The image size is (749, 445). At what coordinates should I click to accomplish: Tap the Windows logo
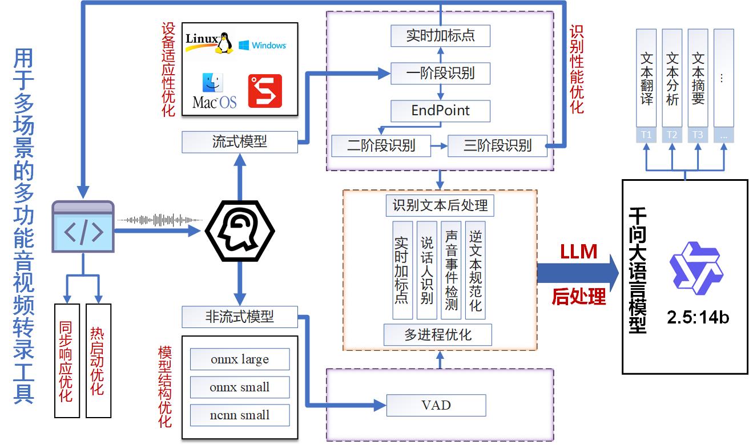(262, 45)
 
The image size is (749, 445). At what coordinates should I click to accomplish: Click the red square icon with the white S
(265, 91)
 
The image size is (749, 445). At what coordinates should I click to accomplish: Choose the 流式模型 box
(240, 142)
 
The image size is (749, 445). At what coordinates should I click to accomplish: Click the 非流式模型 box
(240, 317)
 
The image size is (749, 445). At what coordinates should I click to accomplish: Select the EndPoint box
(440, 111)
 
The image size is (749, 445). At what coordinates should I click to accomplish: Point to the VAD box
(436, 406)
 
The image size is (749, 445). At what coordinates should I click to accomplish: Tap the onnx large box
(240, 359)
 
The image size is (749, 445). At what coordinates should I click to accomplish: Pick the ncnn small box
(240, 415)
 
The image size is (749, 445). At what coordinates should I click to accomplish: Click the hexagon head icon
(240, 230)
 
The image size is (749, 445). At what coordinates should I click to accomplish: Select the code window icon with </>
(83, 227)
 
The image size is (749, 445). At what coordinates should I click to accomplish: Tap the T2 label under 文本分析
(672, 135)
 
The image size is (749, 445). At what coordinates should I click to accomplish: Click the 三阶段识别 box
(497, 146)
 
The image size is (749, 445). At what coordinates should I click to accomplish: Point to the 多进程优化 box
(438, 335)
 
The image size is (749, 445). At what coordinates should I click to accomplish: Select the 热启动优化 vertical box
(98, 361)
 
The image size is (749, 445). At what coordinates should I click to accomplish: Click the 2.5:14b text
(698, 317)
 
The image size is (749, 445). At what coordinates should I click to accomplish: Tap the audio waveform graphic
(160, 220)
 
